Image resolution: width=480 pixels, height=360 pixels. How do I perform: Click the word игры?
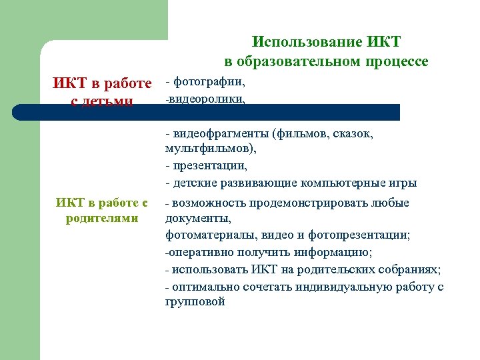(404, 183)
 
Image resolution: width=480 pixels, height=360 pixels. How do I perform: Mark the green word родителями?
(102, 219)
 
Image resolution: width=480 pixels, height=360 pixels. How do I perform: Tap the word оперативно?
(199, 252)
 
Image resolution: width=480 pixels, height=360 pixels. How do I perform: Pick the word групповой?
(195, 302)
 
